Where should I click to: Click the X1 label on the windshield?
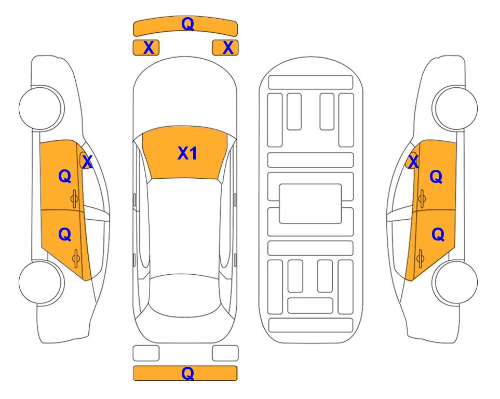pos(187,153)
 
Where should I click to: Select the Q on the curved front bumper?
pos(187,24)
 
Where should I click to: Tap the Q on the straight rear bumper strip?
pos(187,373)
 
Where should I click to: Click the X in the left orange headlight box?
pos(148,48)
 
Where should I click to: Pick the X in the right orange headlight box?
pos(228,48)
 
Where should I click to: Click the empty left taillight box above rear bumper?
pos(146,353)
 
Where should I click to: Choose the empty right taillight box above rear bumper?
pos(225,353)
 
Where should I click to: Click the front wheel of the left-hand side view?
pos(41,108)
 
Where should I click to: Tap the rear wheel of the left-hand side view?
pos(41,282)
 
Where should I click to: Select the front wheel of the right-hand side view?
pos(455,108)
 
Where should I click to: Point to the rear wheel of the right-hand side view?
pos(455,282)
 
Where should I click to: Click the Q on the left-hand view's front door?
pos(65,176)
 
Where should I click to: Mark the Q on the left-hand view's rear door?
pos(65,235)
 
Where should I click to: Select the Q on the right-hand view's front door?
pos(436,177)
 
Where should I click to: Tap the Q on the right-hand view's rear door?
pos(438,235)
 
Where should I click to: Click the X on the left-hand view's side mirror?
pos(87,162)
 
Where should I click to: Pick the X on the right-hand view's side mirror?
pos(413,162)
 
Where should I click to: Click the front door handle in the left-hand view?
pos(74,198)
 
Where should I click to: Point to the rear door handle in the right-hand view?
pos(420,258)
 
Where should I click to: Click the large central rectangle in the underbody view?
pos(310,204)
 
